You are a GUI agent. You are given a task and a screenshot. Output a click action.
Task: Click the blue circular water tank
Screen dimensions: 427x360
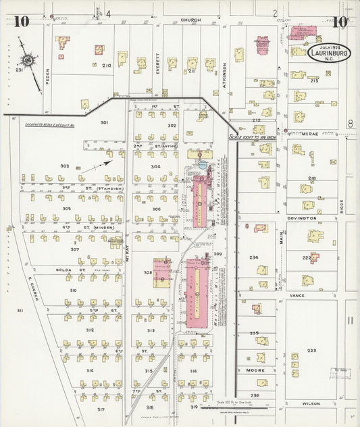click(x=203, y=164)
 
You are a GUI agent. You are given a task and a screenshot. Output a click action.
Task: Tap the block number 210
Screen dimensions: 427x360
click(x=106, y=66)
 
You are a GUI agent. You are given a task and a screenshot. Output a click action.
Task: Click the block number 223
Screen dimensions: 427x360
click(x=311, y=351)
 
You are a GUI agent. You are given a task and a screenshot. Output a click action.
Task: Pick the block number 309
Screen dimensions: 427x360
click(x=217, y=254)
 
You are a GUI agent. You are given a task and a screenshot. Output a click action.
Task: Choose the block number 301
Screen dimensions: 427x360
click(x=104, y=122)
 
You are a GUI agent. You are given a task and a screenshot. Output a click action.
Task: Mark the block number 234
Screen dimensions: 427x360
click(x=254, y=257)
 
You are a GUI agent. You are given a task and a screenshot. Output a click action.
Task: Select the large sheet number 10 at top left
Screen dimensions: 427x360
click(x=20, y=21)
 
